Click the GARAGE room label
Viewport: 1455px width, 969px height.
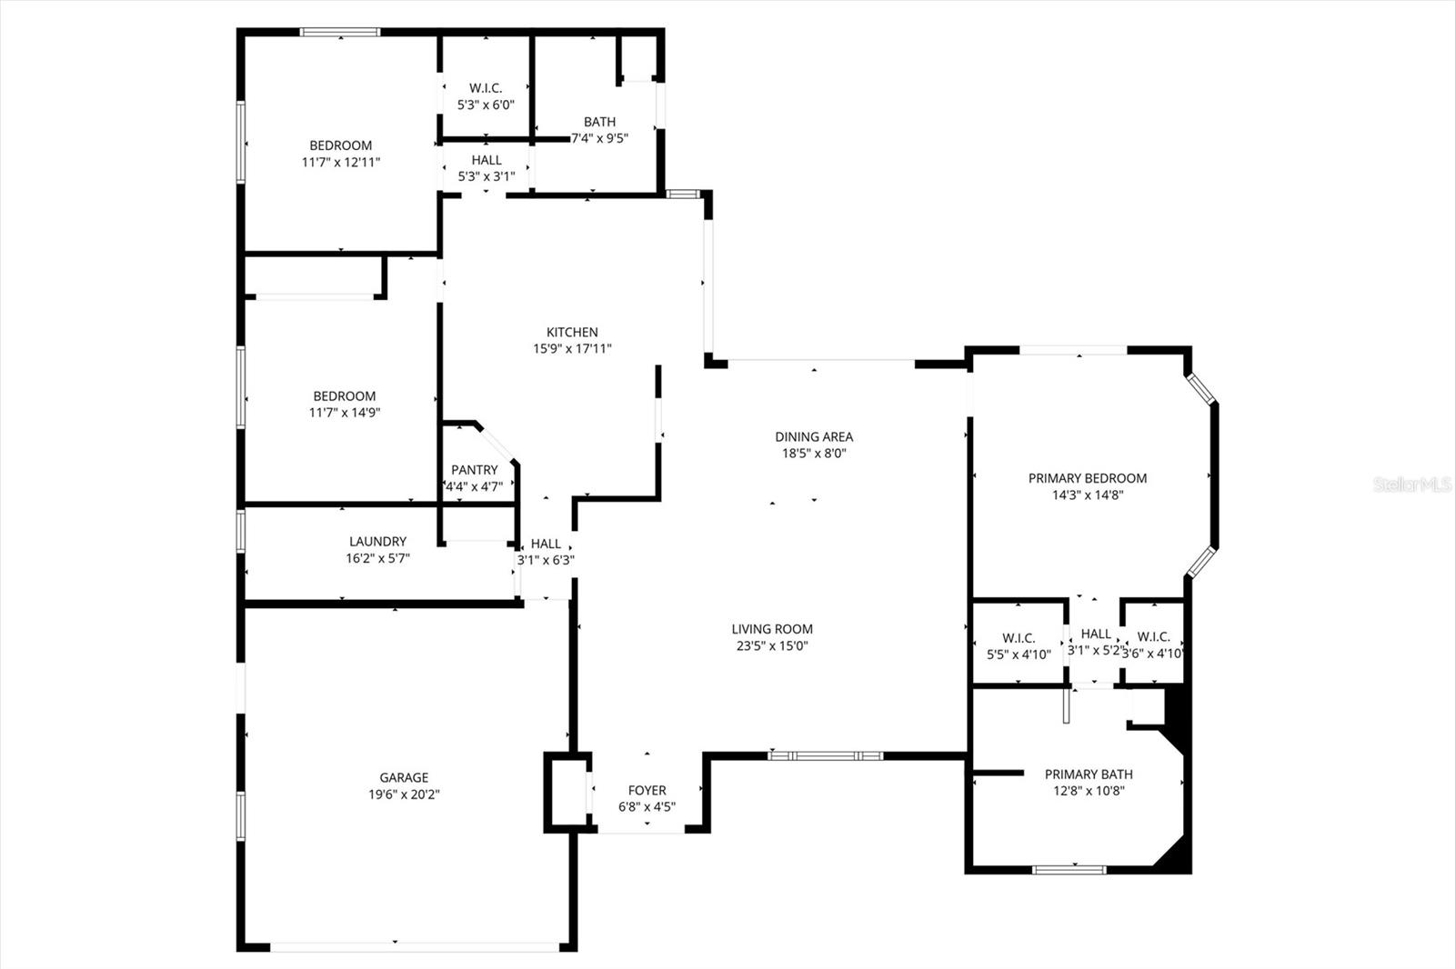click(404, 777)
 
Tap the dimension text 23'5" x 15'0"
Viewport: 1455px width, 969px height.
click(772, 645)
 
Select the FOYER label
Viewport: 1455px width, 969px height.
click(647, 791)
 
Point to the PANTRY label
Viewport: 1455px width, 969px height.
click(475, 470)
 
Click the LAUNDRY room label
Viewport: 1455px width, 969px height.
click(378, 541)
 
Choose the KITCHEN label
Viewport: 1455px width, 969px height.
click(572, 332)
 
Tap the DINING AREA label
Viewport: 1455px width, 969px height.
click(814, 436)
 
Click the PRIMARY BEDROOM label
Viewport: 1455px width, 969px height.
click(1088, 478)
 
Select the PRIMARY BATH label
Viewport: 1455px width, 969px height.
click(1089, 774)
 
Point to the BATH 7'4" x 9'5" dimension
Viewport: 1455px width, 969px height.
click(599, 137)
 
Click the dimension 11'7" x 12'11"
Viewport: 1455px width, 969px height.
click(341, 162)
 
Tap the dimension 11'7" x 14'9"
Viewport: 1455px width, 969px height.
click(345, 413)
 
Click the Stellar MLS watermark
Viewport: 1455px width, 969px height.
click(1412, 484)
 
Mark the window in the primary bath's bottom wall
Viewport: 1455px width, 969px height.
click(1069, 870)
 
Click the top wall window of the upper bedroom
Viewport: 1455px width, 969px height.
click(340, 32)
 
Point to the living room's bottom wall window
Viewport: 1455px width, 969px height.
click(826, 756)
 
